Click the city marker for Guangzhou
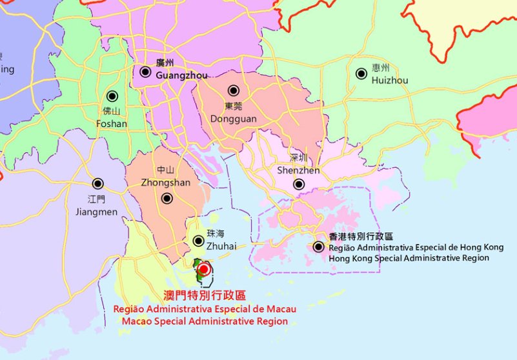click(x=146, y=72)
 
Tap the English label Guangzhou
click(x=182, y=75)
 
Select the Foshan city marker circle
click(x=112, y=96)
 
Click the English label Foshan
click(x=111, y=124)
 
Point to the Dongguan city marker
click(x=234, y=91)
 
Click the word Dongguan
click(x=234, y=119)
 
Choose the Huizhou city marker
click(x=361, y=74)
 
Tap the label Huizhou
click(x=390, y=80)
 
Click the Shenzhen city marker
click(x=299, y=185)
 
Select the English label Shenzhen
click(x=298, y=170)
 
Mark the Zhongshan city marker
click(x=167, y=199)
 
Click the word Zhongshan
click(x=165, y=183)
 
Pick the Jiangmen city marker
click(x=97, y=184)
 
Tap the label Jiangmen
click(x=97, y=212)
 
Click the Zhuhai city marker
click(x=199, y=241)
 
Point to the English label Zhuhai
click(x=221, y=246)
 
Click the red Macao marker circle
click(x=204, y=268)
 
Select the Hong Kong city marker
click(x=318, y=246)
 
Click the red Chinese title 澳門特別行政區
click(x=205, y=296)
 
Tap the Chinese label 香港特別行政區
click(x=361, y=237)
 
